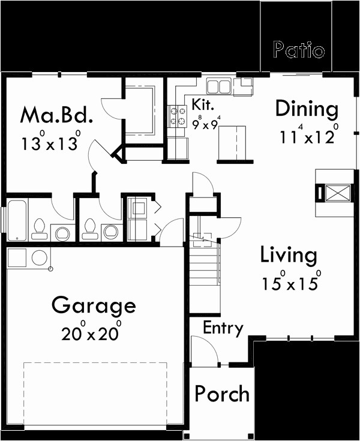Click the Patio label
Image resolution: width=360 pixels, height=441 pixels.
point(298,50)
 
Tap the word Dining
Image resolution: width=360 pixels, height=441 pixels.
point(307,109)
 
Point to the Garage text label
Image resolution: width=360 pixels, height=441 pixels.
point(94,306)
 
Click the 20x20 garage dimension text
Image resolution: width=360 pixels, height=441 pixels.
point(91,332)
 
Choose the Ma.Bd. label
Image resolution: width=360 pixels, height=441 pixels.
point(56,114)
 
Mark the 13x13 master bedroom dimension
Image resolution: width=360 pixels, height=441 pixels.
point(51,142)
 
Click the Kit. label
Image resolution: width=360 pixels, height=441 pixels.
point(204,104)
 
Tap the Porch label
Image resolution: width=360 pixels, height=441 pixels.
point(222,394)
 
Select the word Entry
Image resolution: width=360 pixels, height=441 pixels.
point(223,328)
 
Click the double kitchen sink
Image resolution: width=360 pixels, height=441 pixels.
point(218,86)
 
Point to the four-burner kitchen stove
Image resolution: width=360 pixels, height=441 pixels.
point(178,116)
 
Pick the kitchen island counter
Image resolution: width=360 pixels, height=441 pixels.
point(231,144)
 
